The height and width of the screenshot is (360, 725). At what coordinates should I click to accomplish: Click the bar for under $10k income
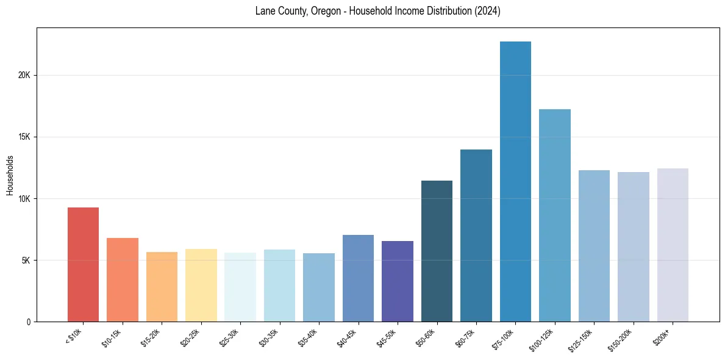tap(83, 264)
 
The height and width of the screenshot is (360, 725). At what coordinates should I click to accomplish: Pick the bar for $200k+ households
tap(673, 245)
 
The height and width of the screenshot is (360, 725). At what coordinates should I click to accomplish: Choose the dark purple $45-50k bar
tap(398, 281)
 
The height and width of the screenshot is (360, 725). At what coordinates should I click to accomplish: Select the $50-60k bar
tap(437, 251)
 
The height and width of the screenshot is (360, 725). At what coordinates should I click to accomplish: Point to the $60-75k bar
tap(476, 236)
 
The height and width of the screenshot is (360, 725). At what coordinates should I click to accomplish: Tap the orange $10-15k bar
tap(123, 279)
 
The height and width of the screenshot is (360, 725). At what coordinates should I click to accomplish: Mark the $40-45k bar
tap(358, 278)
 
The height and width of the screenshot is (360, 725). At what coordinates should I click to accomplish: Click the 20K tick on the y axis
tap(24, 76)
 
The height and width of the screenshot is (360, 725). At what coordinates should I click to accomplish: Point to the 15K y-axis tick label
tap(24, 137)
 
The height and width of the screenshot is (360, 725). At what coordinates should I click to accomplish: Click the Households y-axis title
tap(10, 175)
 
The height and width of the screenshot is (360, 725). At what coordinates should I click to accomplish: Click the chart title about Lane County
tap(377, 12)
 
